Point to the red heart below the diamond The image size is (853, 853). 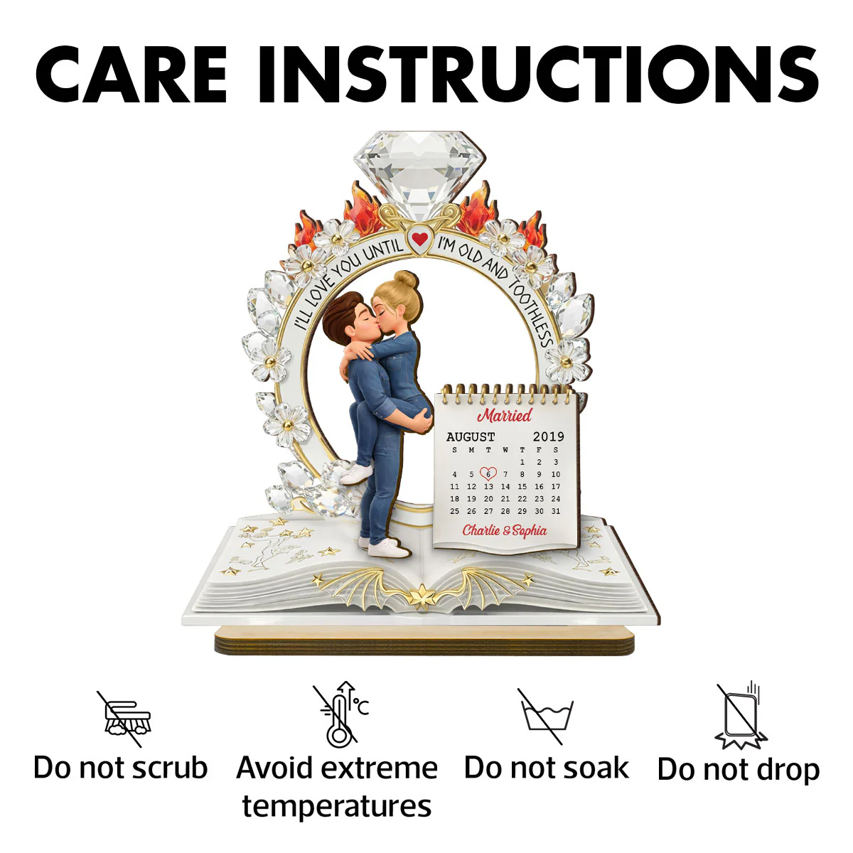419,240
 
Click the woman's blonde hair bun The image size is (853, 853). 405,279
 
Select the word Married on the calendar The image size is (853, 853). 505,415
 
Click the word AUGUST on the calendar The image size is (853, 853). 470,437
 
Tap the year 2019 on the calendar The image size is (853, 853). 549,437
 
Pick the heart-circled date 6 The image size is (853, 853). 488,473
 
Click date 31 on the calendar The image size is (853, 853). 556,511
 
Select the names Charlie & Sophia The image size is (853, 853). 505,530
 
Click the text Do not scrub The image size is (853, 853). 120,768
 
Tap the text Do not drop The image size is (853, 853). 739,771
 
